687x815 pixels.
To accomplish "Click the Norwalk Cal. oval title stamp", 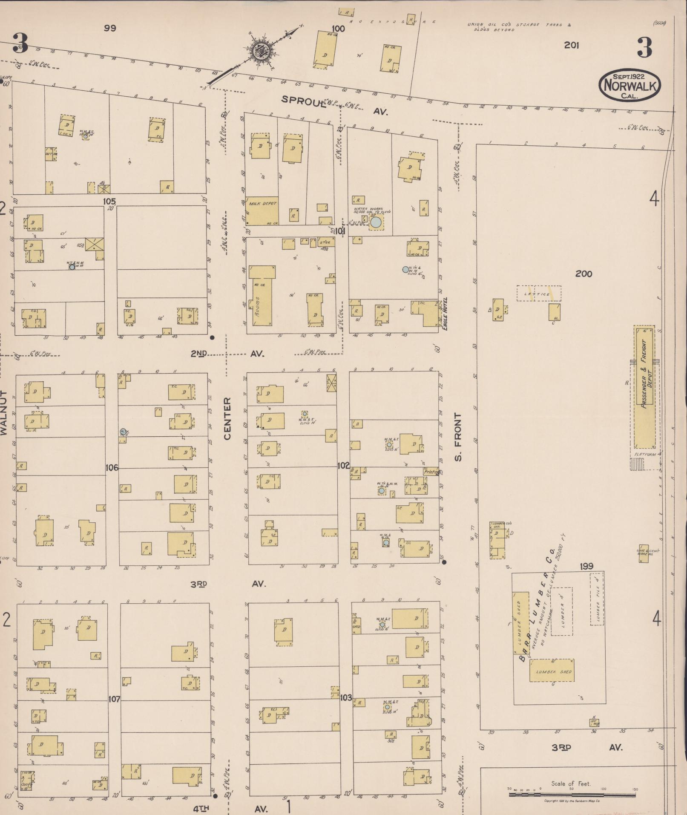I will pyautogui.click(x=629, y=85).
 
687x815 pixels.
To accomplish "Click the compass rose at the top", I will pyautogui.click(x=259, y=51).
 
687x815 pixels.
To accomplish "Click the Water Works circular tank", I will pyautogui.click(x=376, y=222).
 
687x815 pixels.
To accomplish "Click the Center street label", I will pyautogui.click(x=227, y=418).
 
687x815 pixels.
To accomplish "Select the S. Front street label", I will pyautogui.click(x=458, y=437).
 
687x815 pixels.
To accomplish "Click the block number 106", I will pyautogui.click(x=112, y=468).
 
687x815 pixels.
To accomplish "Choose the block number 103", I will pyautogui.click(x=346, y=698).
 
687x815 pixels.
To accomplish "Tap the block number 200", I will pyautogui.click(x=583, y=274).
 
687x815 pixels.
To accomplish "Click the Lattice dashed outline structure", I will pyautogui.click(x=539, y=293).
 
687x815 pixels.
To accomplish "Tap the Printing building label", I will pyautogui.click(x=431, y=472).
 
